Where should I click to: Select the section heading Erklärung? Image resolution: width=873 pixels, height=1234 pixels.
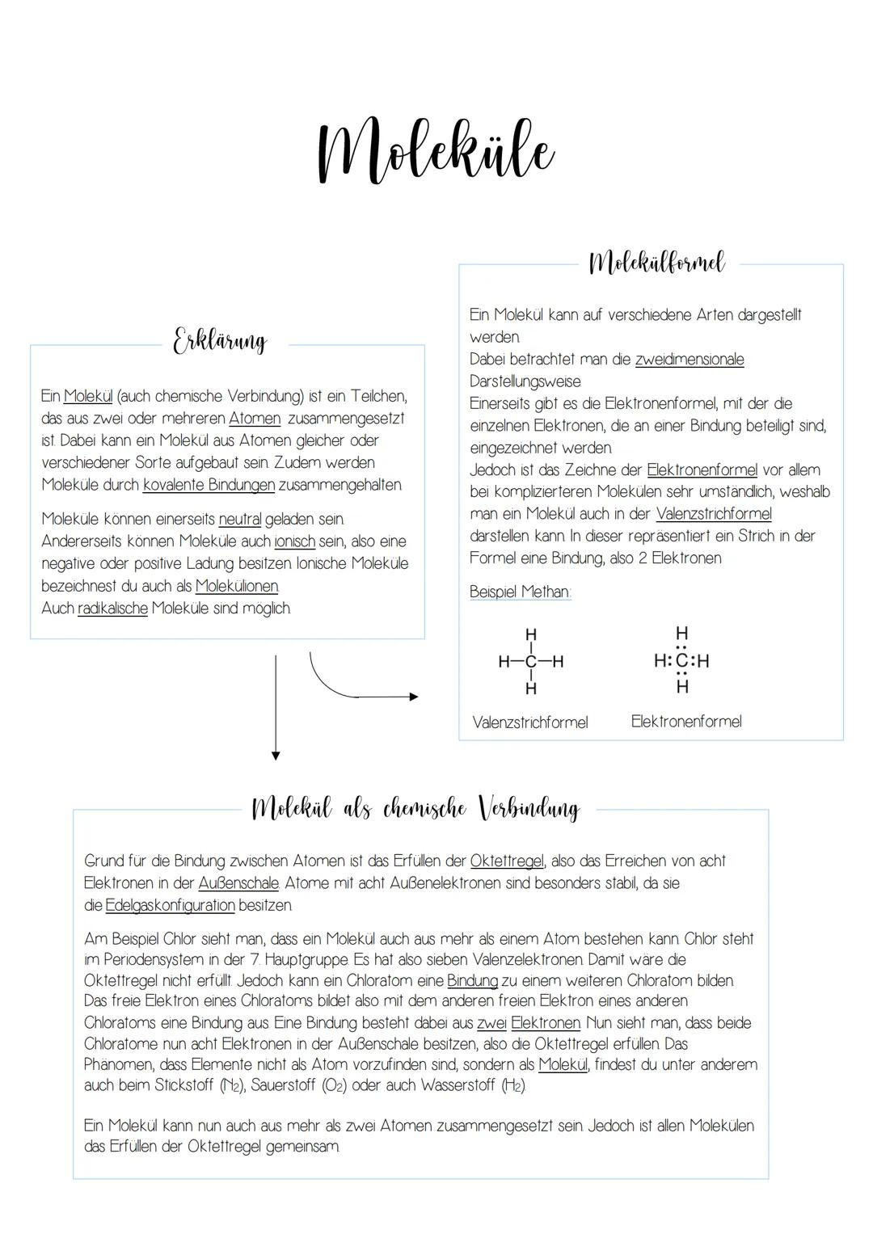coord(219,341)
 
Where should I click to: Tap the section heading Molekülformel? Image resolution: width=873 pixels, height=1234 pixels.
coord(656,263)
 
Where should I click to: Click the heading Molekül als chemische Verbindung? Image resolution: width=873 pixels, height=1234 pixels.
coord(415,808)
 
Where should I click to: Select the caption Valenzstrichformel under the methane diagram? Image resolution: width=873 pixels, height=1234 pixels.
coord(529,722)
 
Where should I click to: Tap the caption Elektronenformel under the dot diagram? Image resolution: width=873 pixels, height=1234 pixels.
coord(685,722)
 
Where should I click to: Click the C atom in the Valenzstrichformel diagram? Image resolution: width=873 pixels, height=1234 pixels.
coord(530,662)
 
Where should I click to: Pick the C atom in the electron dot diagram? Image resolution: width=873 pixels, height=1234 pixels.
coord(682,661)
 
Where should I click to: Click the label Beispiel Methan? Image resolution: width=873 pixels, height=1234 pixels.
coord(520,592)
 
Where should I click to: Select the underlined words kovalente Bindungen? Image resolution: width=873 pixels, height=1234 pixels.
coord(209,485)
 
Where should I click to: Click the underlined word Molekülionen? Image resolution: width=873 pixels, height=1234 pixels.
coord(237,586)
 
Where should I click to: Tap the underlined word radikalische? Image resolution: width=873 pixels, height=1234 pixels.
coord(112,609)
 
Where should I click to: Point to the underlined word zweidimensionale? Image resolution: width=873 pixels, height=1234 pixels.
coord(689,360)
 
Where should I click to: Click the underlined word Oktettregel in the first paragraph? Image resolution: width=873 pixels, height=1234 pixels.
coord(506,861)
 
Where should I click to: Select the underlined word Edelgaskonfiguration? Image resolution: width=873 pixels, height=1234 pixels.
coord(170,905)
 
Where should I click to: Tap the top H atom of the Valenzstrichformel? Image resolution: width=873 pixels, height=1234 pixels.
coord(530,634)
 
